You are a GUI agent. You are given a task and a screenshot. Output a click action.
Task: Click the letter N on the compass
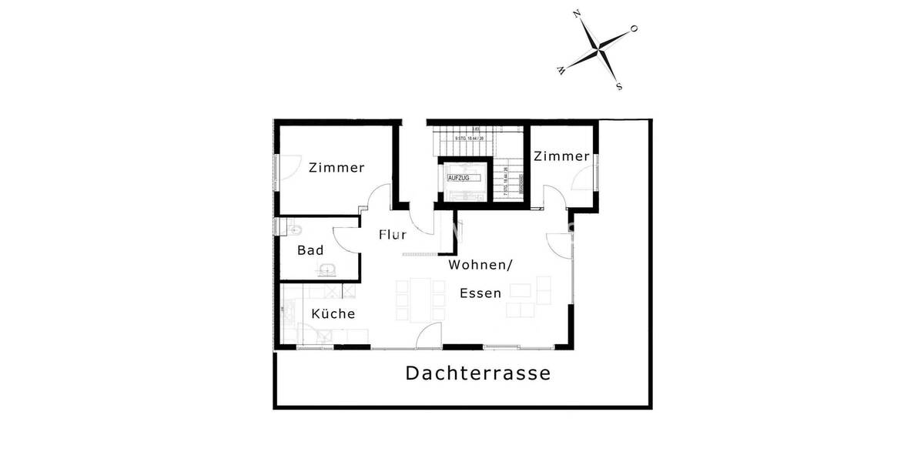click(576, 15)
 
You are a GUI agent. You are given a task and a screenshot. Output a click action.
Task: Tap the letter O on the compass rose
click(634, 28)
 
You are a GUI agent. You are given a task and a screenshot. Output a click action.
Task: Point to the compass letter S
click(619, 86)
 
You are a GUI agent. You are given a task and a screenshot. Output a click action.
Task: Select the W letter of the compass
click(561, 71)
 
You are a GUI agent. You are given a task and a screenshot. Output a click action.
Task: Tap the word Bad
click(310, 250)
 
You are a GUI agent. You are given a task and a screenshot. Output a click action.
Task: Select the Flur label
click(392, 235)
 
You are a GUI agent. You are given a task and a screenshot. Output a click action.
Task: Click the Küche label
click(333, 313)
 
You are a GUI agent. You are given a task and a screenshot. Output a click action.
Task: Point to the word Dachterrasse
click(478, 373)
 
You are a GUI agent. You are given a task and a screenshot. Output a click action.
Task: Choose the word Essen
click(480, 293)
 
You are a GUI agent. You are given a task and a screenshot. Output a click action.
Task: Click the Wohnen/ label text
click(480, 265)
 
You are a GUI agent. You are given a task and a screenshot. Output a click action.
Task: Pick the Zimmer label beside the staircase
click(561, 156)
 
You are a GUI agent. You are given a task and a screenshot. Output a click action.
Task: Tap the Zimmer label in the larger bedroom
click(336, 167)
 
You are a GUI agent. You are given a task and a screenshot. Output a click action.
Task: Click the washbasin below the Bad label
click(327, 269)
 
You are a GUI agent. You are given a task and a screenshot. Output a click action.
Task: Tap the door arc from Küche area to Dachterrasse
click(428, 333)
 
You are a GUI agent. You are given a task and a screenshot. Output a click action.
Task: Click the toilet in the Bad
click(296, 229)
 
